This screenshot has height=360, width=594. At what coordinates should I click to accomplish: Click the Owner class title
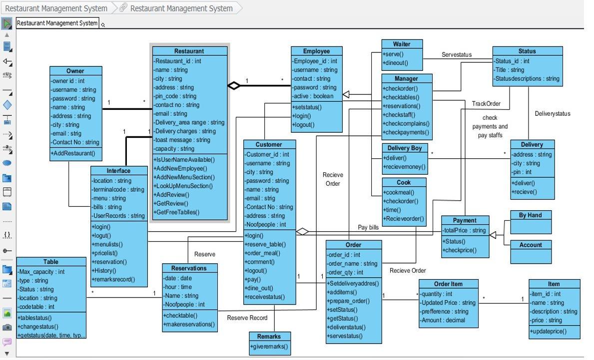75,71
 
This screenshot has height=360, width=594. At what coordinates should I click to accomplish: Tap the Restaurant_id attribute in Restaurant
177,61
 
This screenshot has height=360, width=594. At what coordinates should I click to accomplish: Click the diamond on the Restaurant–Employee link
234,85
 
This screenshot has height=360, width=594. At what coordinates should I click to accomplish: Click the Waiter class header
401,44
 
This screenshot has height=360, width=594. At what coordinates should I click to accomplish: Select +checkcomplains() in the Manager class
406,123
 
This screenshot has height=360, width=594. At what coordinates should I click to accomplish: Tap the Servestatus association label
456,55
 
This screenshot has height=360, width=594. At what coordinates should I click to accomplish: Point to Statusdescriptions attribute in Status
527,78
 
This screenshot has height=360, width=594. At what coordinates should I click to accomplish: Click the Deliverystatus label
552,113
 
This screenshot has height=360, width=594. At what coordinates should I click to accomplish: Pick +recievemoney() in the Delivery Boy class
404,167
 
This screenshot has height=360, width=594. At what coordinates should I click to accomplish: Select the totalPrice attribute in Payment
464,230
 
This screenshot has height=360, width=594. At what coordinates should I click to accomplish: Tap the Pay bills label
368,227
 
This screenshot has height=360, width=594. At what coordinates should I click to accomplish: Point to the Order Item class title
448,284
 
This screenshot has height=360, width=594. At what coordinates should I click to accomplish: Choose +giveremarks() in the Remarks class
269,346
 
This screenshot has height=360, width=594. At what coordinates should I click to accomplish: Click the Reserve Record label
247,318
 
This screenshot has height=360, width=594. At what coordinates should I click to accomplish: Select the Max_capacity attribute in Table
41,272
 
